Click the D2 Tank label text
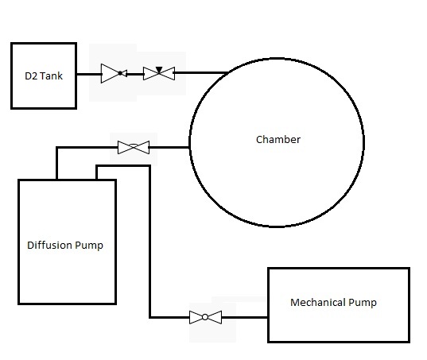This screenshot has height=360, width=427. pyautogui.click(x=43, y=76)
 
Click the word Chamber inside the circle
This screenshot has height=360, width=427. pyautogui.click(x=278, y=140)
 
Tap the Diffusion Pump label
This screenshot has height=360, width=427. pyautogui.click(x=65, y=245)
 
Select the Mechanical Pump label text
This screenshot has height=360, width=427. pyautogui.click(x=332, y=303)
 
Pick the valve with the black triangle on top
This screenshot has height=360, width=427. pyautogui.click(x=158, y=74)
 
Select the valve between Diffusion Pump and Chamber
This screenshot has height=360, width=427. pyautogui.click(x=133, y=147)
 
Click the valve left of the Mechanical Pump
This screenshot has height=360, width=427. pyautogui.click(x=205, y=318)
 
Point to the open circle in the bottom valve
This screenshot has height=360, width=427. pyautogui.click(x=205, y=318)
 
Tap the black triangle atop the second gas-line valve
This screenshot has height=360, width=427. pyautogui.click(x=158, y=69)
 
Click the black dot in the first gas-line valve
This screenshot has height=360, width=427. pyautogui.click(x=120, y=74)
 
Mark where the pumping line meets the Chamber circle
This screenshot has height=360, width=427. pyautogui.click(x=189, y=147)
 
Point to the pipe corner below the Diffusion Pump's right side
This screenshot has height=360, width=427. pyautogui.click(x=149, y=318)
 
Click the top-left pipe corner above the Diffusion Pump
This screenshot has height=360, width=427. pyautogui.click(x=57, y=147)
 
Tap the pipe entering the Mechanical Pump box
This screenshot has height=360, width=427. pyautogui.click(x=246, y=318)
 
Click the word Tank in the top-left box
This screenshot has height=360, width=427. pyautogui.click(x=51, y=76)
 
